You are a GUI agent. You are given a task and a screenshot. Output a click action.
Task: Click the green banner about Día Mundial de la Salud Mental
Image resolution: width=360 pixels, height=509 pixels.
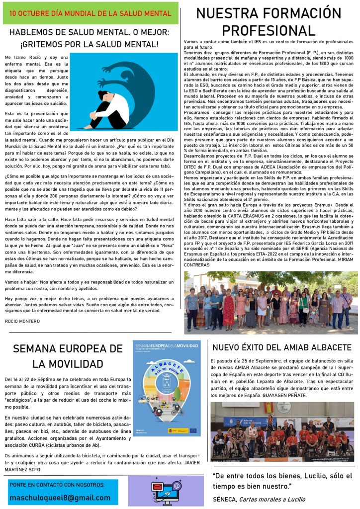point(90,13)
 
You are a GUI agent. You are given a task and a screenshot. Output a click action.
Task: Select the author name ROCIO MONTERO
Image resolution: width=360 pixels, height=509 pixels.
point(22,321)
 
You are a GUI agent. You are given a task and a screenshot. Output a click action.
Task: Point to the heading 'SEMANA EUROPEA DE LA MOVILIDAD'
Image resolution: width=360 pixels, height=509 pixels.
point(67,355)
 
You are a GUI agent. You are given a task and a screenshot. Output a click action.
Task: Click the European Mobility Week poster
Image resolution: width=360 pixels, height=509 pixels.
point(167,388)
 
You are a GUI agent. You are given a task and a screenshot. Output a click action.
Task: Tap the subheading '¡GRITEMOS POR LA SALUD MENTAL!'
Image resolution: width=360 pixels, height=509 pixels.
point(90,44)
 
